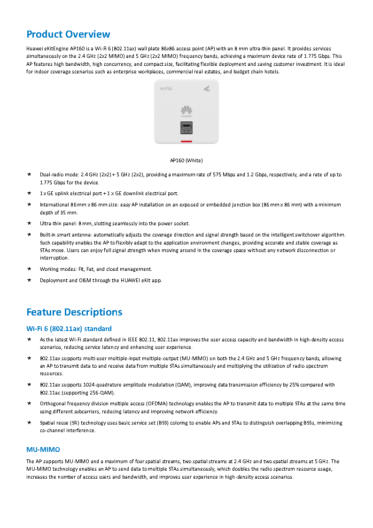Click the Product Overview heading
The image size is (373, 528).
click(x=68, y=34)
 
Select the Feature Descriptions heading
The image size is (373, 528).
click(x=74, y=312)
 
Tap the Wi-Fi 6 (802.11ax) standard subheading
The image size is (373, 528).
click(x=69, y=328)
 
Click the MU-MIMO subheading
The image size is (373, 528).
click(x=43, y=449)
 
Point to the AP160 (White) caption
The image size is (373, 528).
click(x=186, y=160)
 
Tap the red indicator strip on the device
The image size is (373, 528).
click(x=186, y=141)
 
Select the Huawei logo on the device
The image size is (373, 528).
click(x=186, y=111)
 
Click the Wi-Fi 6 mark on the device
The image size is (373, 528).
click(x=166, y=88)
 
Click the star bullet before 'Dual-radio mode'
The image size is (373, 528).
click(x=29, y=174)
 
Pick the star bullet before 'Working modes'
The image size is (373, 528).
click(x=29, y=269)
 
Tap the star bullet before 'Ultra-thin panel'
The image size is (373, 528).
click(x=29, y=223)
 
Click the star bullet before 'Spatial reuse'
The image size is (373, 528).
click(x=29, y=423)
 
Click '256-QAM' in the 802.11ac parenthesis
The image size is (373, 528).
click(x=104, y=393)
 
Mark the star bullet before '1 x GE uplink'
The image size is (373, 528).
click(x=29, y=193)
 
